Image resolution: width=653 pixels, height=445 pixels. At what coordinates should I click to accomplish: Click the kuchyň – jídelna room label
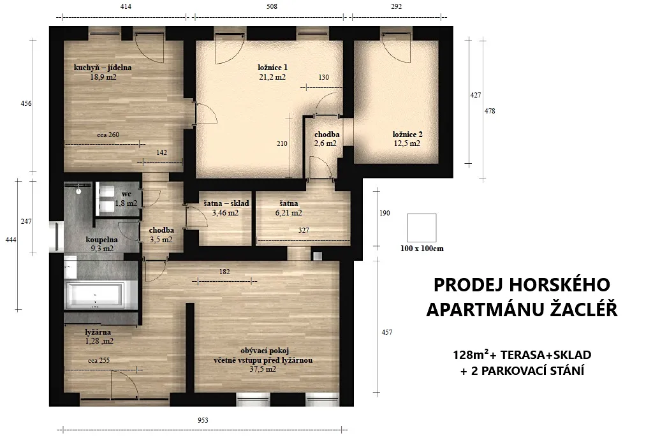[x=103, y=68]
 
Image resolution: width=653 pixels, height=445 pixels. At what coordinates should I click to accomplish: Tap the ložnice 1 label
[x=272, y=68]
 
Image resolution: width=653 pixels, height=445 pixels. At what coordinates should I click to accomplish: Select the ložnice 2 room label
[x=407, y=135]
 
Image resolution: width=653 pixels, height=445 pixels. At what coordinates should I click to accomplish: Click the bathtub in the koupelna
[x=96, y=295]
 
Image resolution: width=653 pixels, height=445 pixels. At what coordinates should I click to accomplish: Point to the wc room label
[x=126, y=194]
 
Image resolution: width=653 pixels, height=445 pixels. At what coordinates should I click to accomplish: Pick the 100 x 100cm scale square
[x=422, y=228]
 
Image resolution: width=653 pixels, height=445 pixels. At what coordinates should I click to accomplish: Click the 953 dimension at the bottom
[x=203, y=420]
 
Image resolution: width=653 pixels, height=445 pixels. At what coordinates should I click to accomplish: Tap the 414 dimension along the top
[x=126, y=6]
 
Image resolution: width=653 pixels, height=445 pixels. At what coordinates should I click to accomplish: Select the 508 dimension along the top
[x=272, y=6]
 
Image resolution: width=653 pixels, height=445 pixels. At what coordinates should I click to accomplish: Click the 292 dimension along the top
[x=397, y=6]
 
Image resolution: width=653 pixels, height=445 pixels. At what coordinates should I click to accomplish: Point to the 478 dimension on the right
[x=490, y=111]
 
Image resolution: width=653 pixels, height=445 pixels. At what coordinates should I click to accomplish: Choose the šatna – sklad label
[x=226, y=203]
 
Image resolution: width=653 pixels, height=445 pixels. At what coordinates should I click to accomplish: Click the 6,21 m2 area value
[x=289, y=213]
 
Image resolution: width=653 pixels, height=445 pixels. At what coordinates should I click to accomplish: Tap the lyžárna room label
[x=98, y=332]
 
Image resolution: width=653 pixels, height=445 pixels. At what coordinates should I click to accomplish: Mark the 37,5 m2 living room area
[x=263, y=369]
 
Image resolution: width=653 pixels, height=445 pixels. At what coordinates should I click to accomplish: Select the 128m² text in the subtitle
[x=471, y=354]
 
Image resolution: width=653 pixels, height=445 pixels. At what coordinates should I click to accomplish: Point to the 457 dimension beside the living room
[x=387, y=332]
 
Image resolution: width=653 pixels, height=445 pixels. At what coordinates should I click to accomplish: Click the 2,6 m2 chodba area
[x=325, y=143]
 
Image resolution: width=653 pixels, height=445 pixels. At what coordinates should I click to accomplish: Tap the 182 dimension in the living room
[x=224, y=272]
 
